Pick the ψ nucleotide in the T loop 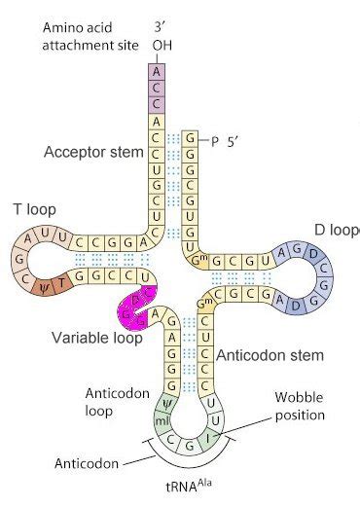point(42,285)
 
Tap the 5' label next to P point(235,141)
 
